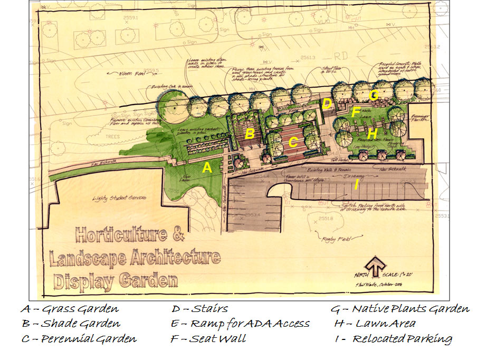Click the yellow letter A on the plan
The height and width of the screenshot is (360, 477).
point(208,168)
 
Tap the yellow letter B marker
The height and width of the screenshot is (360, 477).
point(250,134)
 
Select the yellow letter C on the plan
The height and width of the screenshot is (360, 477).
point(293,143)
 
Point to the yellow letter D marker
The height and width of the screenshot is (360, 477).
point(327,103)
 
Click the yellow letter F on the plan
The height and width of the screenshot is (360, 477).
point(356,112)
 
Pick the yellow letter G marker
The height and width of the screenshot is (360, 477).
point(374,95)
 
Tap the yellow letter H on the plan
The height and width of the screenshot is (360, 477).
point(373,134)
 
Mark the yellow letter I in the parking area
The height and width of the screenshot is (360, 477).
point(357,184)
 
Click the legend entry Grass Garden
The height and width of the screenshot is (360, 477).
point(70,309)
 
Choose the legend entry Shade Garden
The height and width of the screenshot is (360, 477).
point(71,324)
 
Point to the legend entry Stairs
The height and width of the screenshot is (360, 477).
point(200,309)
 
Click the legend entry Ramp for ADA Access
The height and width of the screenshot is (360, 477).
point(240,324)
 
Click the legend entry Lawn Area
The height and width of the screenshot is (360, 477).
point(375,324)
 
